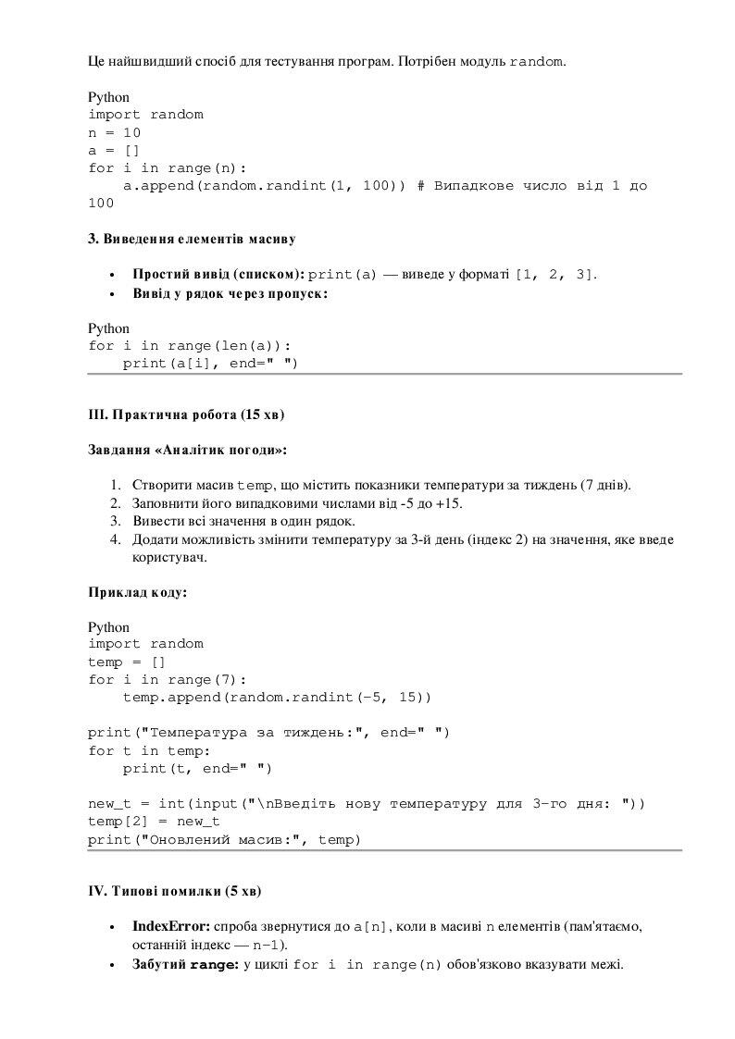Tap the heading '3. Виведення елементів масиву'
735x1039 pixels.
click(192, 239)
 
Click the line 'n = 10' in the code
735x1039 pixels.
click(115, 132)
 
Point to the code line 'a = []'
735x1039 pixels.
click(115, 150)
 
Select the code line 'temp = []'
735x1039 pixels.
click(127, 662)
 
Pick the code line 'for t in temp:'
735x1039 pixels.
click(149, 750)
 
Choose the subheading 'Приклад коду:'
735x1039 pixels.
click(137, 592)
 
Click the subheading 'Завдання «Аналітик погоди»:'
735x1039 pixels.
click(188, 450)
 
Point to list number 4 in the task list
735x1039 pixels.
click(116, 539)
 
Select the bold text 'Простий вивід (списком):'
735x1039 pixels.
click(218, 274)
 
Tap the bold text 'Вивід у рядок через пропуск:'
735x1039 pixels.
click(230, 293)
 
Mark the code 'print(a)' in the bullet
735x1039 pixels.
click(343, 275)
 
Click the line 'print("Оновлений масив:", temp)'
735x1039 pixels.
click(224, 839)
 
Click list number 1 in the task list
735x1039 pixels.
click(116, 485)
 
